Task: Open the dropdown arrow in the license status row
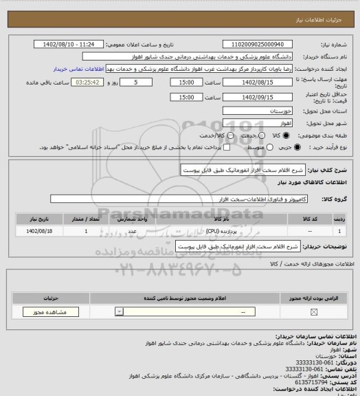click(x=120, y=311)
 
